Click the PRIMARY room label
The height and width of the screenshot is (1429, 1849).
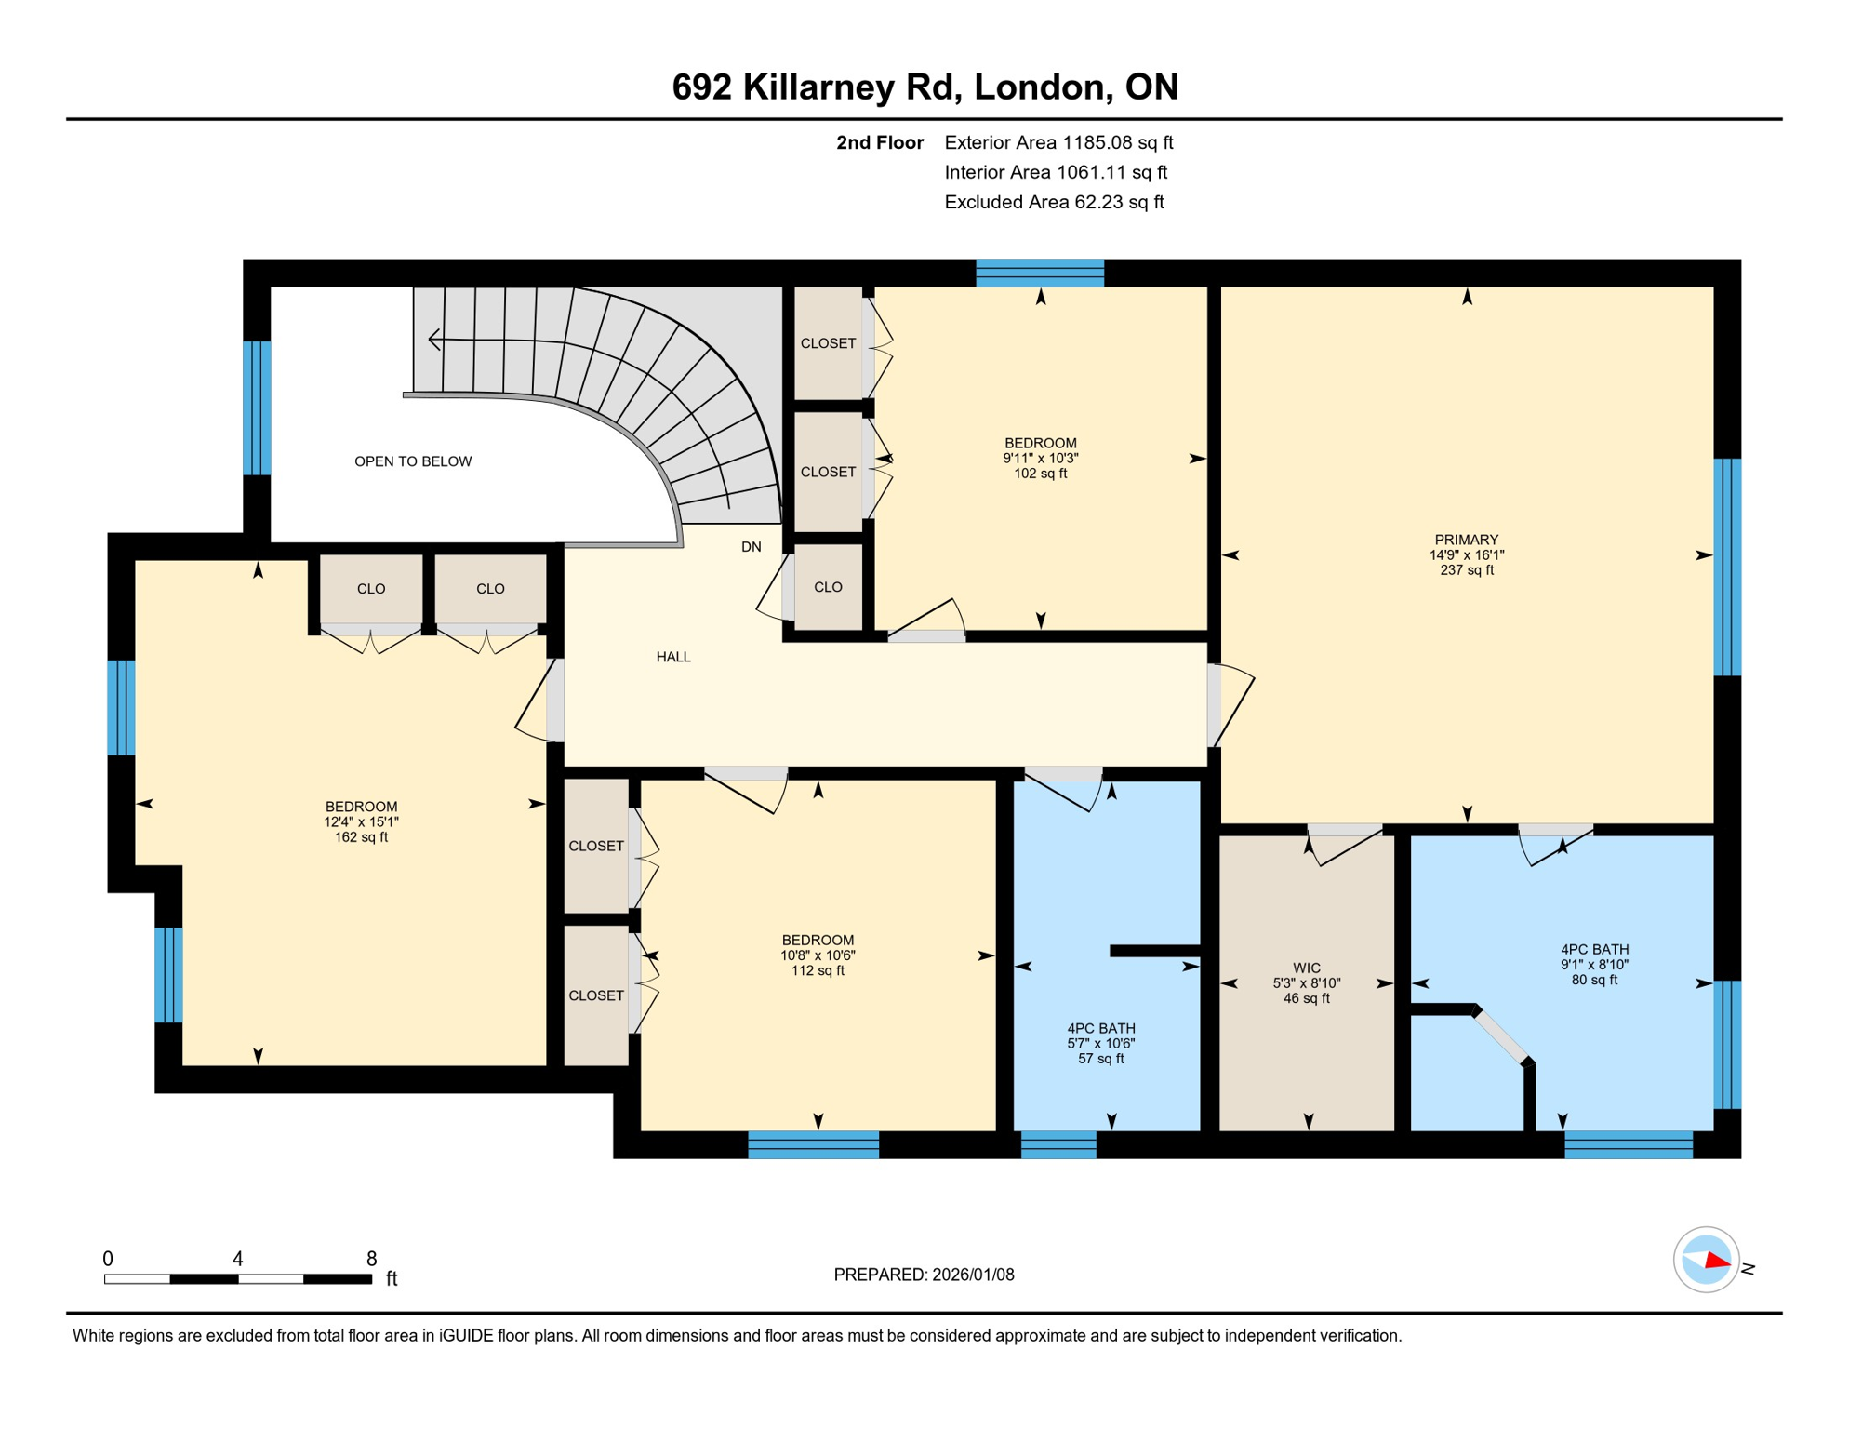pos(1466,540)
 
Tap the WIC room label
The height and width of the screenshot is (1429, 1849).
pos(1306,968)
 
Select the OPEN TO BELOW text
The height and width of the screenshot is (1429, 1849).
pos(413,461)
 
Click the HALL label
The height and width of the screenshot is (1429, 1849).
pos(673,657)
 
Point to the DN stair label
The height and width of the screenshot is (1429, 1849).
pos(751,547)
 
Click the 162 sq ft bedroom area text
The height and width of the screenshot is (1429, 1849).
pos(361,837)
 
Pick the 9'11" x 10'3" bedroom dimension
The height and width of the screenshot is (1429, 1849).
pos(1040,458)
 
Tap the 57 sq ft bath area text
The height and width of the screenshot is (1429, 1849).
pos(1100,1059)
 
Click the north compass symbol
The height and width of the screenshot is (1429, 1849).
pos(1707,1261)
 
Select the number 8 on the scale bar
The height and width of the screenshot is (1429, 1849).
pos(371,1259)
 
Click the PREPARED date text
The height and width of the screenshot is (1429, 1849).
pos(924,1275)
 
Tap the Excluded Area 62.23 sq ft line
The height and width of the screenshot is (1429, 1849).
pos(1054,202)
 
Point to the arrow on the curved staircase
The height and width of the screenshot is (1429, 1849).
pos(435,340)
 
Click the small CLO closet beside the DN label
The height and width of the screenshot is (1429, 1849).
pos(828,587)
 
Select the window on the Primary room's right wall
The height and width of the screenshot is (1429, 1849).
pos(1727,567)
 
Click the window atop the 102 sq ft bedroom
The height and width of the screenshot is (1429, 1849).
pos(1039,273)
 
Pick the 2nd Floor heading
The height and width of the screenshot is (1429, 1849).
pos(879,142)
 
